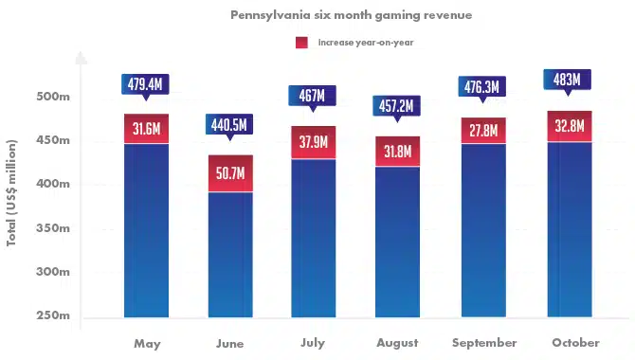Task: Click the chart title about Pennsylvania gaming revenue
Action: pos(351,15)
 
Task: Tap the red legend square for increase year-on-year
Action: pos(301,43)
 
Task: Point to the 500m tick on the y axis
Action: pos(53,97)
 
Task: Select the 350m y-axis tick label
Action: pos(53,228)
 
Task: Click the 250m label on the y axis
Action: pos(53,315)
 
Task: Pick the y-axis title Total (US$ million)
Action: pos(11,192)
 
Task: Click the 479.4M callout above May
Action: pos(145,86)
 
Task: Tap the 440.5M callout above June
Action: pos(229,127)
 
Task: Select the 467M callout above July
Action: pos(312,98)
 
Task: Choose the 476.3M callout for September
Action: pos(481,89)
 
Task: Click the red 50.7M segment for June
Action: pos(230,173)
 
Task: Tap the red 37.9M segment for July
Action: pos(314,142)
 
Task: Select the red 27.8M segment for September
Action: pos(483,131)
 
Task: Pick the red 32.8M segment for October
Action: pos(570,126)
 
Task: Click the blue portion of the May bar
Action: pos(146,230)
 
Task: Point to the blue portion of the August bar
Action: pos(397,242)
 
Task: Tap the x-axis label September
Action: pos(484,343)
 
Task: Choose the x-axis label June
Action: pos(229,343)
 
